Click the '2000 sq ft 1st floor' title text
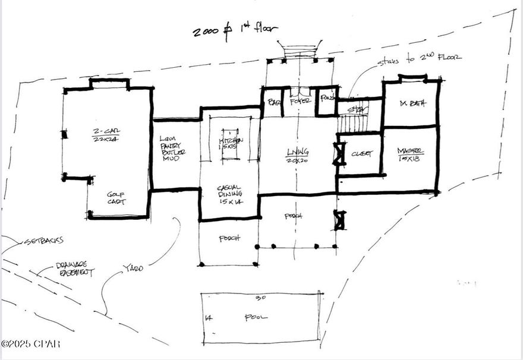point(235,30)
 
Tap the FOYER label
point(301,102)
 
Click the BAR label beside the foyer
point(274,102)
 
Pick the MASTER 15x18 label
point(411,154)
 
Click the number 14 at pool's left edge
point(208,318)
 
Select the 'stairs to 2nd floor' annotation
point(419,59)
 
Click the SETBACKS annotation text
point(42,242)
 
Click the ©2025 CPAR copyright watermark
point(30,344)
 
